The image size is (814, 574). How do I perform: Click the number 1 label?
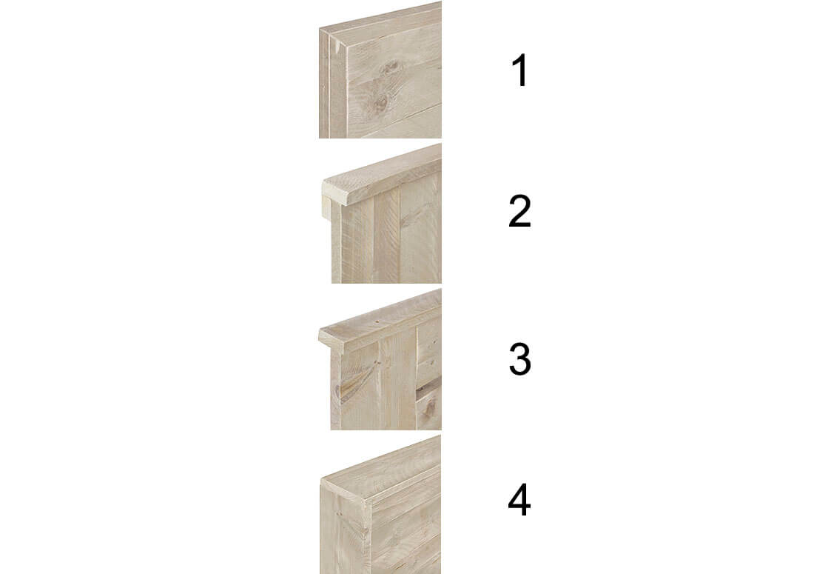coord(519,70)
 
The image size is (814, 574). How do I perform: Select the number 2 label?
coord(519,211)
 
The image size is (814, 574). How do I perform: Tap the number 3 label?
coord(519,358)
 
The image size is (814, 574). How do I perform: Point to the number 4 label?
coord(519,500)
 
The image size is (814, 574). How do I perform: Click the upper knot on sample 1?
coord(389,68)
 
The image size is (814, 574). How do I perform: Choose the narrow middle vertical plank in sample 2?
coord(387,236)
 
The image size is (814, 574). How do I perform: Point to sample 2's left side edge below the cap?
coord(337,244)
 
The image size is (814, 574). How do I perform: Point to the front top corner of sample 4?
coord(321,479)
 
